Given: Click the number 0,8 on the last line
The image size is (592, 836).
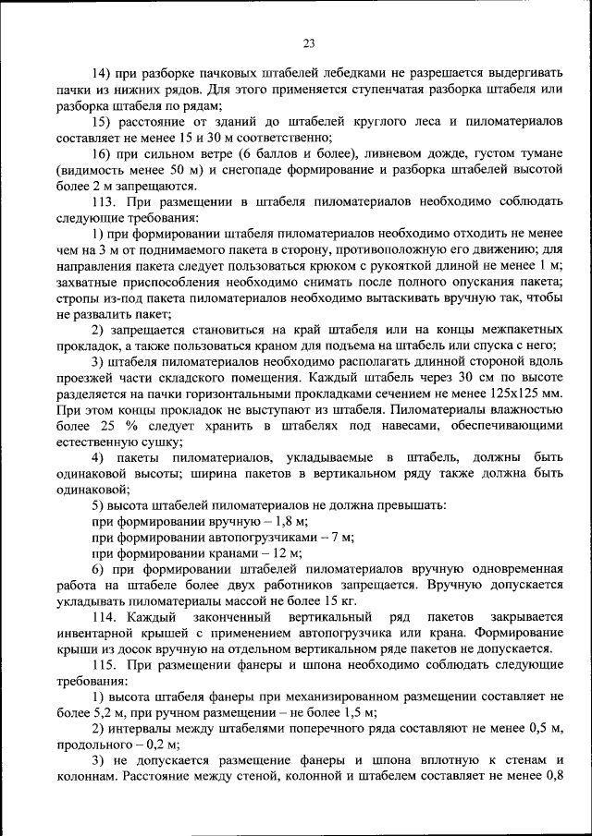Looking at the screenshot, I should point(552,774).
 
